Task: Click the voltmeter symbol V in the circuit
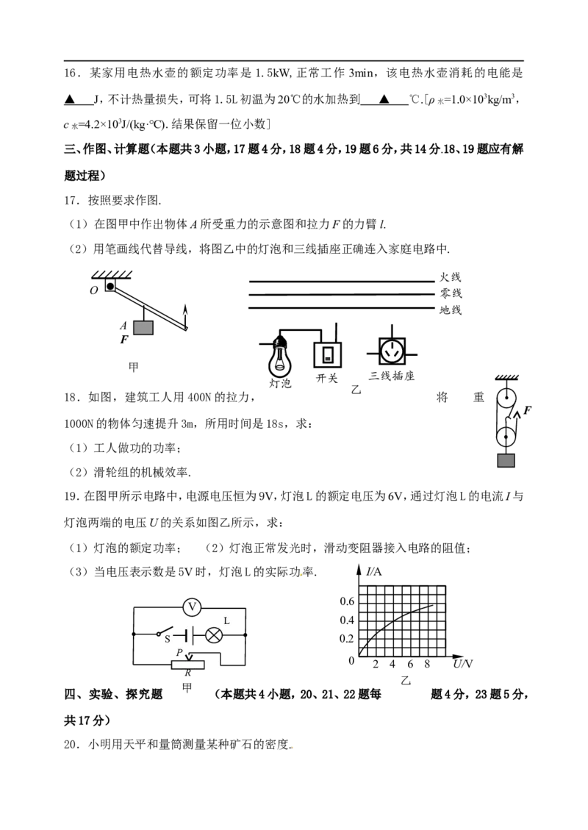tap(192, 607)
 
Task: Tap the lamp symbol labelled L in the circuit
tap(214, 634)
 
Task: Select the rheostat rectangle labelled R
tap(188, 665)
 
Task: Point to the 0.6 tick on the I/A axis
tap(347, 601)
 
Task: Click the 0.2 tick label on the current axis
tap(347, 639)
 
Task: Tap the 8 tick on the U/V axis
tap(427, 665)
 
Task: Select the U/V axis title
tap(462, 664)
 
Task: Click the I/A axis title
tap(373, 572)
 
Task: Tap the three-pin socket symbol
tap(392, 351)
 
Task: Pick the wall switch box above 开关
tap(328, 354)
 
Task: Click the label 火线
tap(451, 277)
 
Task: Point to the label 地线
tap(451, 310)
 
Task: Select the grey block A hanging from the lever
tap(143, 328)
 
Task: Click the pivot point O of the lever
tap(110, 287)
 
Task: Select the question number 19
tap(71, 496)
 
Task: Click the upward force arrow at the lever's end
tap(185, 317)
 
